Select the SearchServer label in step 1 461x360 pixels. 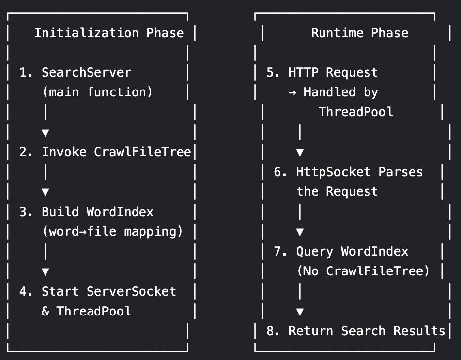[x=87, y=73]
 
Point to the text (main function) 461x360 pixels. [x=97, y=92]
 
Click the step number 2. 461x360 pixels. [x=23, y=152]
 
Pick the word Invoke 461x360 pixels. [x=64, y=152]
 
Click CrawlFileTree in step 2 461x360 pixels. [x=142, y=152]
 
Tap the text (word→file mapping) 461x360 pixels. [x=112, y=231]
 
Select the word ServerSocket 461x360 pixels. [x=131, y=291]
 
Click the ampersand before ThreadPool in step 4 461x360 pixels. [x=46, y=311]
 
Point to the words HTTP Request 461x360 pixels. [x=333, y=73]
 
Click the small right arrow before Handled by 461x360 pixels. [x=292, y=92]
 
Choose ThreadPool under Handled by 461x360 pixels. [x=356, y=112]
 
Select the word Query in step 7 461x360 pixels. [x=315, y=251]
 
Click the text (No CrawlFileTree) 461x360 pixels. [x=363, y=271]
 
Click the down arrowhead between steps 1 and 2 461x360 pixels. [x=46, y=133]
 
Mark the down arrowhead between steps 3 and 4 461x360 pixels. [x=46, y=271]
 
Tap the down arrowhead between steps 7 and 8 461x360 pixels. [x=300, y=312]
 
